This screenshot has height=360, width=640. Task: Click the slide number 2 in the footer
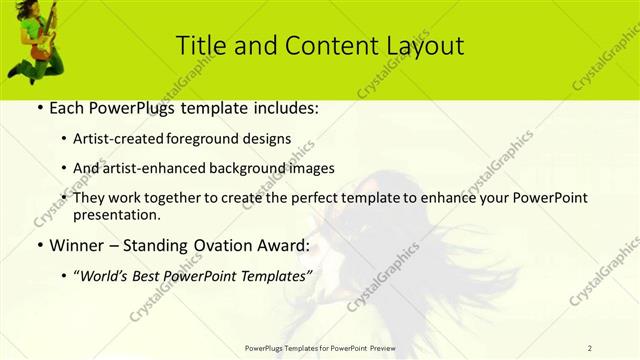[590, 348]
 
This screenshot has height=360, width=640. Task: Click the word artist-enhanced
[159, 168]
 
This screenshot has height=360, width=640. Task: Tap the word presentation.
[116, 214]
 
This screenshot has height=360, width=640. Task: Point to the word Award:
[284, 244]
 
